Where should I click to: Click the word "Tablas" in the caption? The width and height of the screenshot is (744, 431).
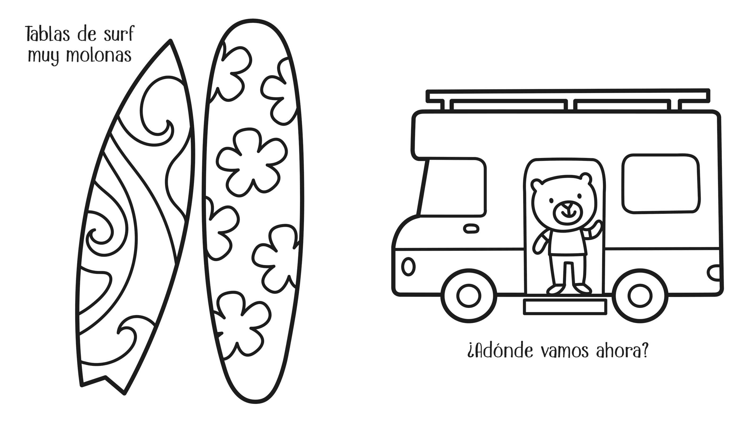tap(48, 34)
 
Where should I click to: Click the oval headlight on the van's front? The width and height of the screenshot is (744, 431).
tap(408, 267)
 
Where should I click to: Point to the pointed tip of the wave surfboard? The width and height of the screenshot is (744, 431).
tap(170, 40)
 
